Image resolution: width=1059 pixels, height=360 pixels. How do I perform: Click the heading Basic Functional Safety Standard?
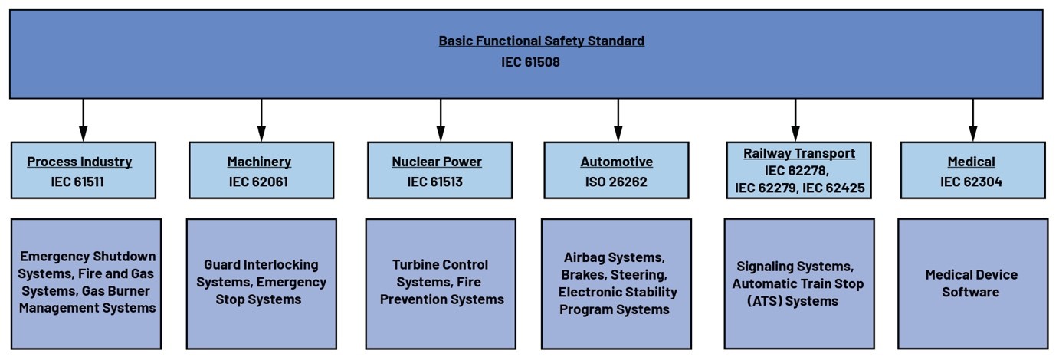tap(541, 41)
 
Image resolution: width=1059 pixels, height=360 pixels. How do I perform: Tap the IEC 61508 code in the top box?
tap(530, 62)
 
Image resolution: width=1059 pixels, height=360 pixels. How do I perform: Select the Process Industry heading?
tap(80, 162)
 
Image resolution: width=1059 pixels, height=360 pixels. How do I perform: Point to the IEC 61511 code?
tap(80, 182)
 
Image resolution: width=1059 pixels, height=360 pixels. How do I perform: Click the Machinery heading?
tap(259, 162)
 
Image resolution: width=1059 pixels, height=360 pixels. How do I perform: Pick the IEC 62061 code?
tap(259, 182)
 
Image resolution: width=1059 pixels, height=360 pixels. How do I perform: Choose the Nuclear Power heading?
tap(437, 162)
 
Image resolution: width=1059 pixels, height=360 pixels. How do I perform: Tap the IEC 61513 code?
tap(437, 182)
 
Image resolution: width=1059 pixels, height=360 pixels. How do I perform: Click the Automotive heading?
tap(617, 162)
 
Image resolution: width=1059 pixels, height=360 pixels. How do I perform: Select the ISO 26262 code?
tap(617, 182)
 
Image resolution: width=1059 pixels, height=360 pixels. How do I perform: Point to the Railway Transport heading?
tap(799, 153)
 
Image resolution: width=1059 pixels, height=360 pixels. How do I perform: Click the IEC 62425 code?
tap(838, 187)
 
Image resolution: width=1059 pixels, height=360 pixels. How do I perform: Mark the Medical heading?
tap(971, 162)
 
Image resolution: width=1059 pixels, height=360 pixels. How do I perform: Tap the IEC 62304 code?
tap(971, 182)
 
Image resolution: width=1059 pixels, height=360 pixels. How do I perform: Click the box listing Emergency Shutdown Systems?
tap(87, 283)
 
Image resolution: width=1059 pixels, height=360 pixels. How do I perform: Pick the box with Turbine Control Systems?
tap(441, 283)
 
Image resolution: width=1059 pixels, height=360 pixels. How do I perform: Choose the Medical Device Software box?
tap(972, 283)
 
